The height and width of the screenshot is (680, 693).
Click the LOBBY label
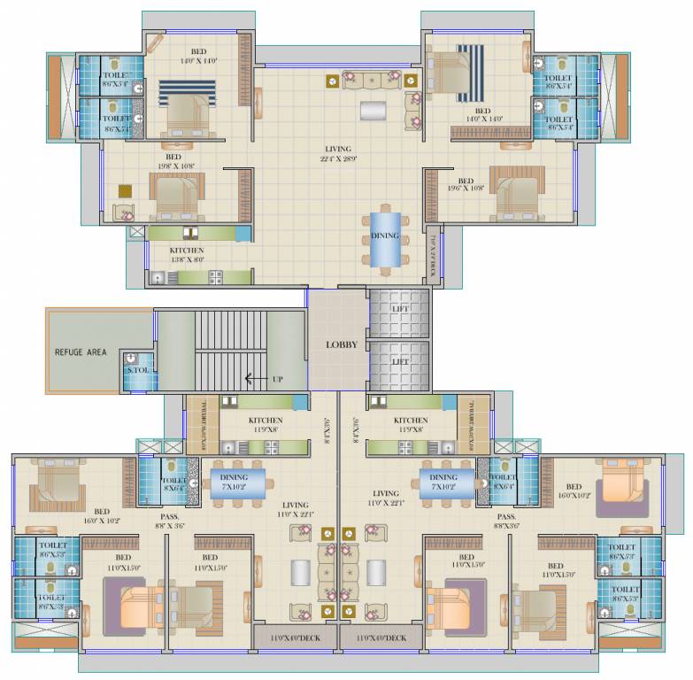[341, 344]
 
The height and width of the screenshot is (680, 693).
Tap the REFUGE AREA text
[81, 352]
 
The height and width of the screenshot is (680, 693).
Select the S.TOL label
[137, 369]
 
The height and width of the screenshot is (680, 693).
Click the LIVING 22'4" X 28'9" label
[338, 154]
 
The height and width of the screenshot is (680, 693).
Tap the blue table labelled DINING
[384, 236]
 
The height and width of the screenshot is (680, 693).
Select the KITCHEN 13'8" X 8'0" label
[187, 256]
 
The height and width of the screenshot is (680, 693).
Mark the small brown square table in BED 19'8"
[126, 189]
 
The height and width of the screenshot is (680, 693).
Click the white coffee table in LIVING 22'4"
[373, 112]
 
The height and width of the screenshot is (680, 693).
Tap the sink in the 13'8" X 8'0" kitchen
[158, 278]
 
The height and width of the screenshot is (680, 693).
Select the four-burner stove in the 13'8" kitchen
[215, 277]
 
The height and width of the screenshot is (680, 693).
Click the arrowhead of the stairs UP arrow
[249, 379]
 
